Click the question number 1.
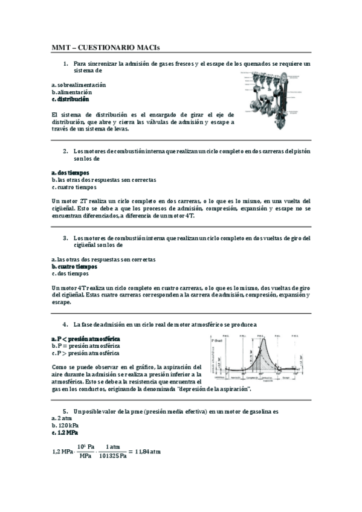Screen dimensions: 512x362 [x=65, y=63]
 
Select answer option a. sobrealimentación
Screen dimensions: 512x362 [x=79, y=85]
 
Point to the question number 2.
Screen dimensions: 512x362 [x=65, y=151]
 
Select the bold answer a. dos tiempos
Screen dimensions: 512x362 [x=70, y=173]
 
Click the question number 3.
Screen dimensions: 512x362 [x=65, y=238]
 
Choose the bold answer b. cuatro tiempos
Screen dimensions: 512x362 [x=74, y=266]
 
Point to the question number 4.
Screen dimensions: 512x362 [x=65, y=324]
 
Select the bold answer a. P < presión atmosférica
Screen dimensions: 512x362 [x=85, y=339]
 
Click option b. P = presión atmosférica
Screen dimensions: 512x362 [x=85, y=346]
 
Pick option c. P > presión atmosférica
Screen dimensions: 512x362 [x=85, y=353]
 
